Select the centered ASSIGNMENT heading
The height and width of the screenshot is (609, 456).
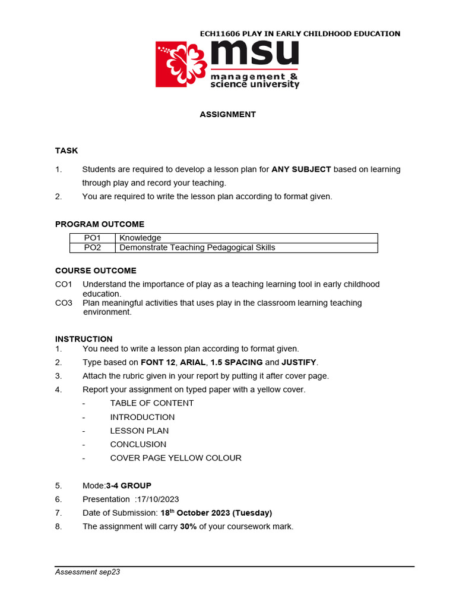click(x=227, y=115)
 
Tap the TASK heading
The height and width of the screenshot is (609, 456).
click(x=66, y=150)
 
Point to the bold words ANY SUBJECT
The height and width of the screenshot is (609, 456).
click(x=301, y=169)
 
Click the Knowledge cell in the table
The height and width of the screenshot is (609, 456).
click(x=140, y=238)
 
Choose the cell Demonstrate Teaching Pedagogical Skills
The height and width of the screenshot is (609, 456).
click(x=197, y=247)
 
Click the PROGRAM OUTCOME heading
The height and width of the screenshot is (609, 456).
click(x=100, y=224)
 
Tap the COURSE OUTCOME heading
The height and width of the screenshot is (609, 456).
click(x=96, y=271)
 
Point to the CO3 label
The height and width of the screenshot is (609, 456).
click(x=64, y=303)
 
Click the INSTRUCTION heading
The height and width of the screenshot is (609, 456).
click(x=84, y=339)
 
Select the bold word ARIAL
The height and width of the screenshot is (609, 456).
click(x=192, y=362)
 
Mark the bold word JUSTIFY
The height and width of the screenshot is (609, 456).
click(x=299, y=362)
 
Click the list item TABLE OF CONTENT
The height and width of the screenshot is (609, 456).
click(x=152, y=403)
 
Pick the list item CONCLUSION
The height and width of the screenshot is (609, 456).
click(x=138, y=444)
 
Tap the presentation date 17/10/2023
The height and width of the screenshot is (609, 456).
click(x=156, y=499)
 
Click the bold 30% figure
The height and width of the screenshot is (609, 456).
click(x=188, y=526)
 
